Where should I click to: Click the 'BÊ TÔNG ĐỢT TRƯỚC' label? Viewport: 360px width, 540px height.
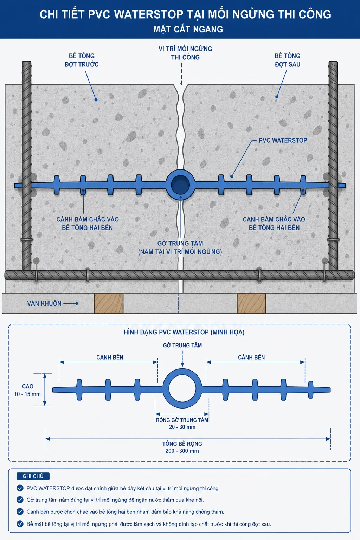click(82, 60)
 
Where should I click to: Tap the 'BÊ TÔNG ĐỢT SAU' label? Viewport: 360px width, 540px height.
click(288, 60)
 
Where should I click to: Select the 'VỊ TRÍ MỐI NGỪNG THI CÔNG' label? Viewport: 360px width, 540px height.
click(185, 53)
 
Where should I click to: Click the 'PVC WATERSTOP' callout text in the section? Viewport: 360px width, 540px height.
click(283, 140)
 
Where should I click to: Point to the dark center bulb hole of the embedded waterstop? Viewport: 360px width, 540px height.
click(180, 185)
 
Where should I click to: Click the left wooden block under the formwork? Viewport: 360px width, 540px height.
click(109, 303)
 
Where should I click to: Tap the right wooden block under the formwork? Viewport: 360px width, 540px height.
click(251, 303)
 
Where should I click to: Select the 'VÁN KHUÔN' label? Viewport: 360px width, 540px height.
click(44, 303)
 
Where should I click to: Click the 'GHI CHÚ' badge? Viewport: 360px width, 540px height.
click(33, 476)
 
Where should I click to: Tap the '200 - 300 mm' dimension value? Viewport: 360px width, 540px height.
click(182, 451)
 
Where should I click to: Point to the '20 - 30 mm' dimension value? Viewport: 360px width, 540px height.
click(182, 427)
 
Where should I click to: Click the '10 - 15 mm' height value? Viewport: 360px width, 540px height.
click(27, 394)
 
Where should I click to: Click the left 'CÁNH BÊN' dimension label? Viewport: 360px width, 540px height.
click(110, 357)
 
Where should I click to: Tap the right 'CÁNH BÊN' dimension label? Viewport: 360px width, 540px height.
click(251, 357)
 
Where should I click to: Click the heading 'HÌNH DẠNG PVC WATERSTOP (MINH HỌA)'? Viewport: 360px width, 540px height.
click(184, 332)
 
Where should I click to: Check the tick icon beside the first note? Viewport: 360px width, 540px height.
click(20, 488)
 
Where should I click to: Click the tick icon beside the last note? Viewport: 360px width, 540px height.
click(20, 524)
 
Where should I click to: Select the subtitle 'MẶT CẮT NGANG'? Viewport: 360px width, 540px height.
click(188, 29)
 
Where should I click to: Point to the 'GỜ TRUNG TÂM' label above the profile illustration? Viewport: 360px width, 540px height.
click(182, 346)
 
